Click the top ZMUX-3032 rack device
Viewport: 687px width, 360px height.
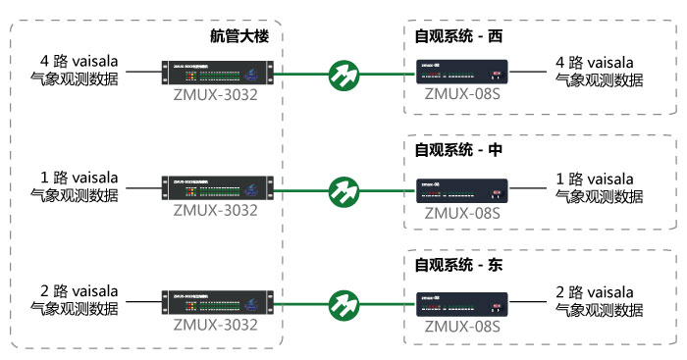(215, 73)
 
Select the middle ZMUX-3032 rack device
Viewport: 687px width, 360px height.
(215, 186)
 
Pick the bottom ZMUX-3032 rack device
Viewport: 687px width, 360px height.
(215, 299)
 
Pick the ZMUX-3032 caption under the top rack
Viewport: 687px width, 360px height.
(215, 95)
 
